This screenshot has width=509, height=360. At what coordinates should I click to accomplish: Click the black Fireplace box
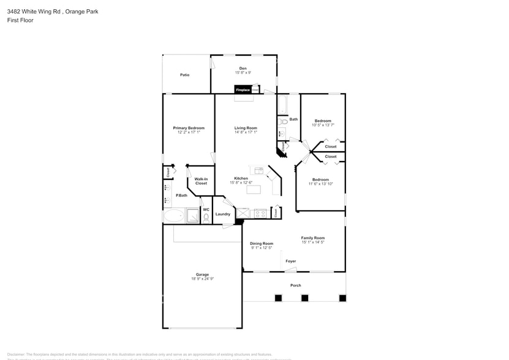[243, 90]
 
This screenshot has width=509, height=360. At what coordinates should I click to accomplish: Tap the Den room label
[243, 68]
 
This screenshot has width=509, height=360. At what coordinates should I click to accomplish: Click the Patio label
[184, 75]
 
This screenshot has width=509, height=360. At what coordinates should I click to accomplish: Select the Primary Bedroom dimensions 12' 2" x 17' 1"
[189, 132]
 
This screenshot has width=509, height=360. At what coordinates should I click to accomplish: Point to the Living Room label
[246, 128]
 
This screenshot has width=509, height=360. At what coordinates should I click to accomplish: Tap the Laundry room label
[223, 214]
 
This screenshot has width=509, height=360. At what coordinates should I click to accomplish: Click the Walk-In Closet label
[201, 181]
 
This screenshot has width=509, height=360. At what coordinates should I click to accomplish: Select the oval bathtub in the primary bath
[173, 216]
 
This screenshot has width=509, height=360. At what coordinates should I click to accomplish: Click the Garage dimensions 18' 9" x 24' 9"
[202, 279]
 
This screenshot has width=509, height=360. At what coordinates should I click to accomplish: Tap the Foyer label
[291, 261]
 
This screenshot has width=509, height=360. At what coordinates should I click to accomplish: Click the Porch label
[295, 285]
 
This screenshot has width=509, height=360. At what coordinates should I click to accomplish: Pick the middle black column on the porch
[304, 298]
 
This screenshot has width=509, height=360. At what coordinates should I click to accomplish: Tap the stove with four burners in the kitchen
[260, 213]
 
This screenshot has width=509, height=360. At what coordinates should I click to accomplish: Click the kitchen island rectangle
[254, 189]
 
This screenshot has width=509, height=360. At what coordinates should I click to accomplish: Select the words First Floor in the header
[20, 20]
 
